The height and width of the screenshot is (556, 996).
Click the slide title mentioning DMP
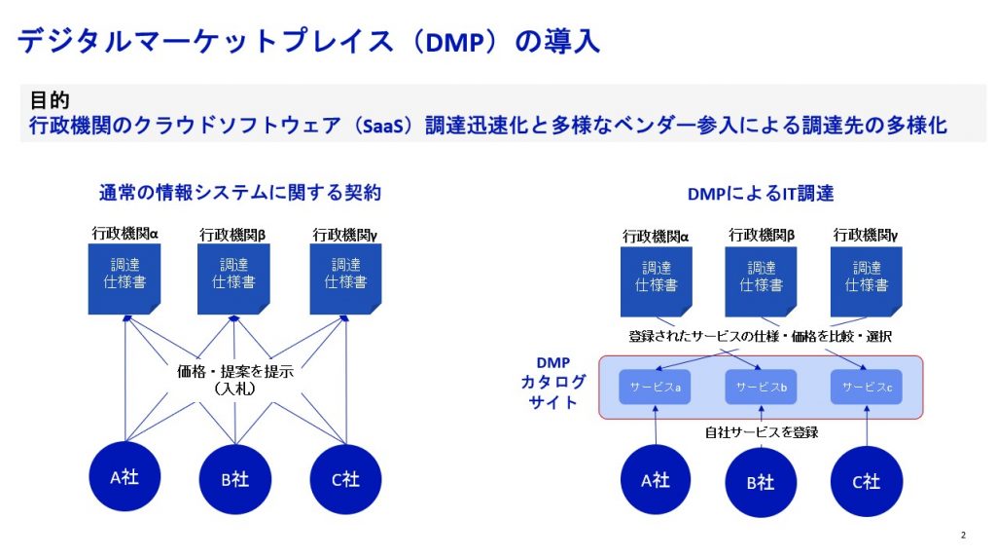click(x=309, y=41)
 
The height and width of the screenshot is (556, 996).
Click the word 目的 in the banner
click(x=50, y=100)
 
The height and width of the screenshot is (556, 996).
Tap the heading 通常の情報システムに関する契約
click(x=239, y=193)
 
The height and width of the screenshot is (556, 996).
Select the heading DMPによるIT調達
click(x=761, y=194)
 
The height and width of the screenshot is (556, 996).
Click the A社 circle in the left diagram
click(x=125, y=477)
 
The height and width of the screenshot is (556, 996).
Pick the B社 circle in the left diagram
click(x=235, y=478)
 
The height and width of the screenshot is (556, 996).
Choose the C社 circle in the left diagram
click(x=345, y=478)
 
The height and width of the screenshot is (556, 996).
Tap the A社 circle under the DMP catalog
click(x=657, y=480)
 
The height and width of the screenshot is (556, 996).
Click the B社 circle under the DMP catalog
click(x=762, y=482)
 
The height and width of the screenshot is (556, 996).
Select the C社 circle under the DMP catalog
click(x=866, y=481)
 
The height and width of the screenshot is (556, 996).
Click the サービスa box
click(x=655, y=388)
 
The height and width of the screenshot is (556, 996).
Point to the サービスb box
click(x=761, y=388)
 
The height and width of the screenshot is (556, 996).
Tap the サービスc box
click(x=866, y=388)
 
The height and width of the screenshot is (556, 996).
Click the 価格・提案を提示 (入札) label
click(x=234, y=379)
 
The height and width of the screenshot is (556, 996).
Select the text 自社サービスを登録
click(x=762, y=431)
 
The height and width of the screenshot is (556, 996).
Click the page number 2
click(x=963, y=535)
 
